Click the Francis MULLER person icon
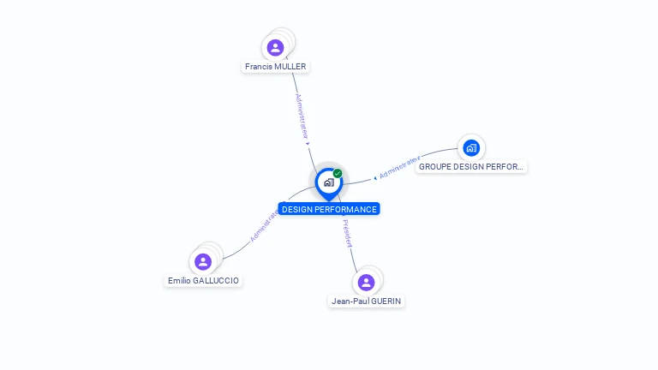tap(275, 47)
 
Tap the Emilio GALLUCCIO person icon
tap(203, 261)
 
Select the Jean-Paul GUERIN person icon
tap(366, 282)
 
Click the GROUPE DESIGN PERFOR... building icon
tap(470, 148)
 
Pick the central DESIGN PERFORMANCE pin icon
tap(328, 182)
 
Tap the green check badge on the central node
tap(338, 174)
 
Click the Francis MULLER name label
tap(275, 67)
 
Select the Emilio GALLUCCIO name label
tap(204, 281)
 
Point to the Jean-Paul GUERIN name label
tap(367, 301)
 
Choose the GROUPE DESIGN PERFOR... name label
tap(471, 167)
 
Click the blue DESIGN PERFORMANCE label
tap(329, 209)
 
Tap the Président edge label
tap(347, 233)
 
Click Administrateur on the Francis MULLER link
tap(302, 116)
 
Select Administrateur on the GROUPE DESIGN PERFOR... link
tap(399, 168)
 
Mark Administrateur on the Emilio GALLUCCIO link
tap(264, 225)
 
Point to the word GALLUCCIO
tap(217, 281)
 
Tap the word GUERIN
tap(386, 301)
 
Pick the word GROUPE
tap(434, 167)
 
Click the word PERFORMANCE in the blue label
tap(346, 209)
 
